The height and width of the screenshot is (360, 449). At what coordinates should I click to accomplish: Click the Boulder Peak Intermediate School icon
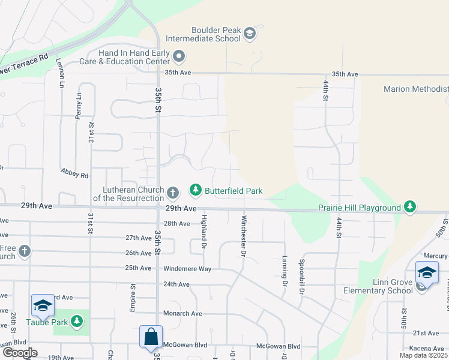click(x=250, y=34)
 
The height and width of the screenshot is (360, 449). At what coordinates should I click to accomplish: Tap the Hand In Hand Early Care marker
click(x=178, y=57)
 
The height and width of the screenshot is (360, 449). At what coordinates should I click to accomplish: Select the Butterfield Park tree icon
click(x=195, y=191)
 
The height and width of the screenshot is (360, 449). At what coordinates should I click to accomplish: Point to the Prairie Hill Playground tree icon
click(x=410, y=208)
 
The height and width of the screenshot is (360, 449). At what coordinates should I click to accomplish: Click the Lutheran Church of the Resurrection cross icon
click(x=173, y=193)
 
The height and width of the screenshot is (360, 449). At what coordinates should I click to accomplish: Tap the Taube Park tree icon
click(x=76, y=322)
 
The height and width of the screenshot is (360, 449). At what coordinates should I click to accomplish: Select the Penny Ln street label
click(x=79, y=104)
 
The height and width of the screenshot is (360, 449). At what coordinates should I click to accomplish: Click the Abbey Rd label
click(x=74, y=173)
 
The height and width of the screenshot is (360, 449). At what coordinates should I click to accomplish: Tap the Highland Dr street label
click(x=204, y=233)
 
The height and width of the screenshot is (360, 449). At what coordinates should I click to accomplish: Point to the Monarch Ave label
click(x=182, y=314)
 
